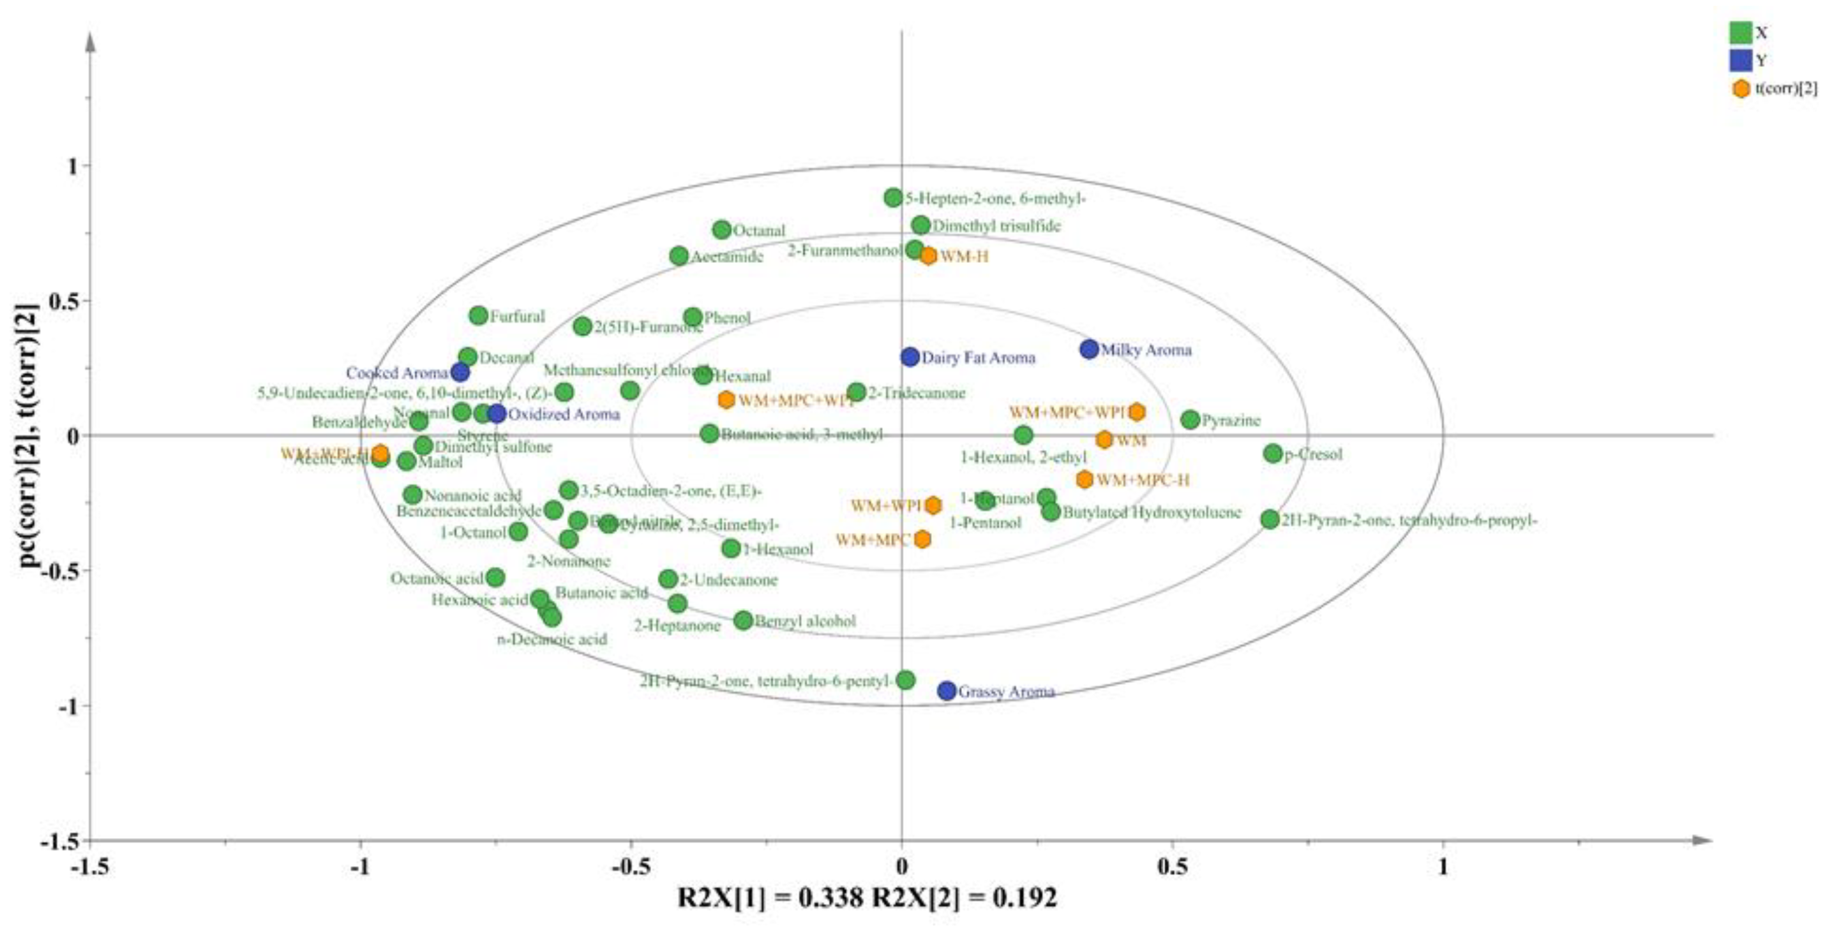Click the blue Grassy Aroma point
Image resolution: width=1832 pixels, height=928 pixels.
point(947,691)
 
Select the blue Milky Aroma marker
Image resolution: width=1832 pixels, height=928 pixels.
point(1089,349)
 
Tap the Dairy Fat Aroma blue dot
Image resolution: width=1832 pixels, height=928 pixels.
point(910,357)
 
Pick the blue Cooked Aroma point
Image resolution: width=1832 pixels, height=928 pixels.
point(460,372)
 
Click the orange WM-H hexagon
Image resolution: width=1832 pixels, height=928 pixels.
point(928,256)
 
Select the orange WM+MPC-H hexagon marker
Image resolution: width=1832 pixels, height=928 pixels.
point(1085,479)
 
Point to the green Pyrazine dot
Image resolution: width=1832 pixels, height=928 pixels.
point(1190,419)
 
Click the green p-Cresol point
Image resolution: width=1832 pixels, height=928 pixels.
point(1272,453)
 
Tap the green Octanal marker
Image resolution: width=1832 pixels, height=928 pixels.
point(721,230)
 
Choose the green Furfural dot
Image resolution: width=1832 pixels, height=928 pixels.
point(479,316)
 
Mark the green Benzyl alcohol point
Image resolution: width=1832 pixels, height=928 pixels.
point(743,620)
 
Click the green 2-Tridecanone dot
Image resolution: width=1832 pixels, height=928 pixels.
point(857,392)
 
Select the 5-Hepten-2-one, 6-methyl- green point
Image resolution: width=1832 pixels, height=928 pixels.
point(893,198)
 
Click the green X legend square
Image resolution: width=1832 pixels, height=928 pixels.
point(1740,33)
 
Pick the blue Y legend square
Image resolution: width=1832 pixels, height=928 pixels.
point(1740,61)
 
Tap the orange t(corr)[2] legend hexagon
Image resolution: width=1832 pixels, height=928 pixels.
point(1741,89)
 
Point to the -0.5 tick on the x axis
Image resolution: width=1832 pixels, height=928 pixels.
point(631,868)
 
